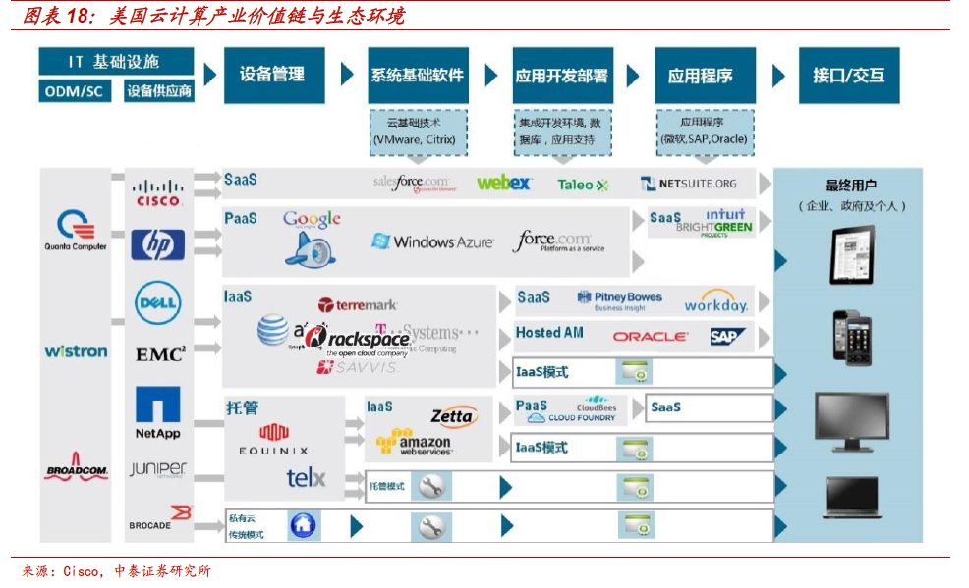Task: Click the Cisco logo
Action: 158,191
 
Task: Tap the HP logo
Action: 158,244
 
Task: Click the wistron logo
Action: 76,350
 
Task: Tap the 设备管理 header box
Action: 272,75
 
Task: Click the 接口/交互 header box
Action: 849,75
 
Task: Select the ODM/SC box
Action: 76,91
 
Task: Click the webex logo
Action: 504,184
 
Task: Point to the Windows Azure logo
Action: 432,241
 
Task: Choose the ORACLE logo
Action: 651,337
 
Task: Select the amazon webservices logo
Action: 414,444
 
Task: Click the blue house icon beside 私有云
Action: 304,526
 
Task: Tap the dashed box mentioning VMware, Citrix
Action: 414,132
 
